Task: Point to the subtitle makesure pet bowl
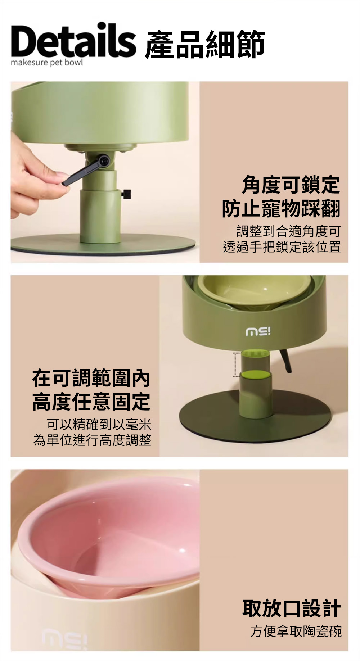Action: [x=47, y=63]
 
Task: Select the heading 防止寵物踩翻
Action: [x=281, y=208]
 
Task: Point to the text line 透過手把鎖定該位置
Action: [x=282, y=247]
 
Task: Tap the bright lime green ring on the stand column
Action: [x=256, y=375]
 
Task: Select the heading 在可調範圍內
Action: [x=91, y=378]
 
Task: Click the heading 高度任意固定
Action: [x=91, y=402]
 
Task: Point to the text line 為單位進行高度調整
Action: [x=92, y=440]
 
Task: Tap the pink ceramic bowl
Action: [x=108, y=536]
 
